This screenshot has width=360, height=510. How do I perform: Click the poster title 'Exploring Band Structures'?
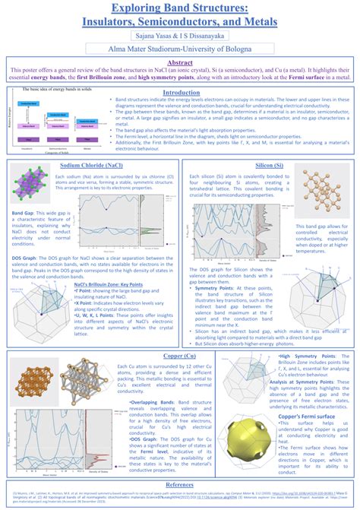[180, 8]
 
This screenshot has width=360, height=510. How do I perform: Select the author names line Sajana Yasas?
[180, 35]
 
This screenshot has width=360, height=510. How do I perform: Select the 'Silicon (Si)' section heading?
[269, 164]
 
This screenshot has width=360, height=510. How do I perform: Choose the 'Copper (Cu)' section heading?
[179, 355]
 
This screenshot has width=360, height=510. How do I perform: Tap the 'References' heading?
[180, 483]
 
